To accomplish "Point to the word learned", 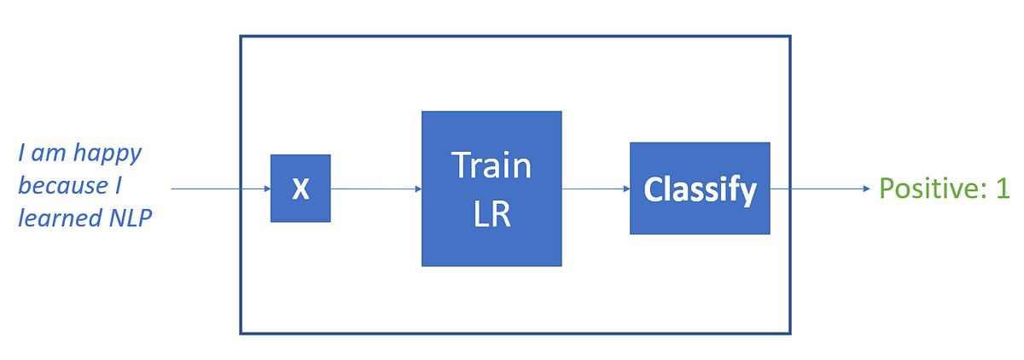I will click(56, 218).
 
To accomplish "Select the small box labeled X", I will click(300, 189).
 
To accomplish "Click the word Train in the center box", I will click(491, 165).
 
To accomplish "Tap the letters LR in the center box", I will click(491, 214).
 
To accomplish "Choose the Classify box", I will click(700, 189).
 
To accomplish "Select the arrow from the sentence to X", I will click(220, 189).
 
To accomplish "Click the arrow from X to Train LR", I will click(375, 189).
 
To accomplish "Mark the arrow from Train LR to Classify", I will click(596, 189).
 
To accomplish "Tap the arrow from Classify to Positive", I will click(819, 189).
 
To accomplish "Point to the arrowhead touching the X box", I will click(266, 189).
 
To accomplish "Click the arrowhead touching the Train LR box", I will click(417, 189).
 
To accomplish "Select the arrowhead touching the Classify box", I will click(625, 189).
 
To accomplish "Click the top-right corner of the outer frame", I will click(790, 37).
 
